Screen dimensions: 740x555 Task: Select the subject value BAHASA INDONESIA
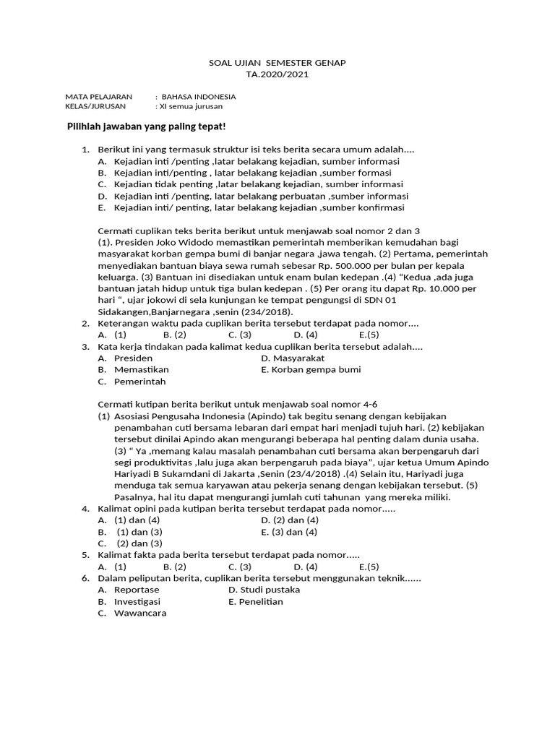click(x=198, y=96)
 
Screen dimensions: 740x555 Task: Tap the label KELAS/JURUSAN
click(x=95, y=106)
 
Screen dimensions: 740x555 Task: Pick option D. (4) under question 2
click(x=306, y=335)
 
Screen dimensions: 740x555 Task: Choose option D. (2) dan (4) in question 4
click(x=291, y=520)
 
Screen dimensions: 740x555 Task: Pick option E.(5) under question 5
click(x=369, y=567)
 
